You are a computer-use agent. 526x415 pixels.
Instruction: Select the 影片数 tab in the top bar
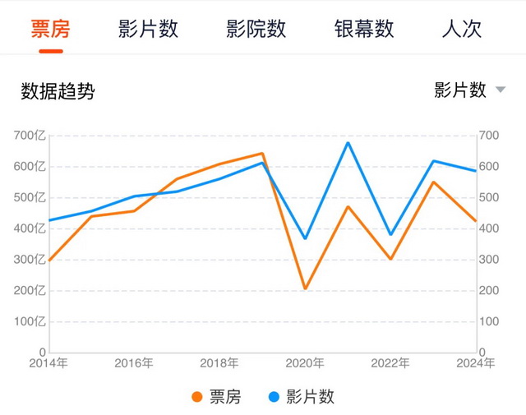coord(148,30)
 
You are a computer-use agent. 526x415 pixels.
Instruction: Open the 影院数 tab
coord(256,30)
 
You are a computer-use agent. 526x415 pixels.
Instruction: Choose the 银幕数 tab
coord(364,30)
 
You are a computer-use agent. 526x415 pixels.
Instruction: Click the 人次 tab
coord(461,30)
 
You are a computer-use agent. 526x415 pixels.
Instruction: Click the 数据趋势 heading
coord(58,91)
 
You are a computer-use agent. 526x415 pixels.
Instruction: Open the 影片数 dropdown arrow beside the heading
coord(501,90)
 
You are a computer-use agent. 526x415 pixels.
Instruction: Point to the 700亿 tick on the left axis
coord(30,136)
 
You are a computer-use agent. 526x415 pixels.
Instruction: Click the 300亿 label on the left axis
coord(30,260)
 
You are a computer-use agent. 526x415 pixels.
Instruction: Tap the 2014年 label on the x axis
coord(48,363)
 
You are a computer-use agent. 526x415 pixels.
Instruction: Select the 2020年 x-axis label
coord(305,363)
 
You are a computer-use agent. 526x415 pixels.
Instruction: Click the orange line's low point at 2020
coord(305,288)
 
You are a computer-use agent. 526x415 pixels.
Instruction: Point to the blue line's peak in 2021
coord(348,143)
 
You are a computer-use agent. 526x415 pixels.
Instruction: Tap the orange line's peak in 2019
coord(262,154)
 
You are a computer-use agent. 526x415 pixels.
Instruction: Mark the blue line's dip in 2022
coord(390,235)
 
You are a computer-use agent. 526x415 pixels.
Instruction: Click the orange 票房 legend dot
coord(197,397)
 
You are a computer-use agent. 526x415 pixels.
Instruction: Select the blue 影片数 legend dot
coord(275,397)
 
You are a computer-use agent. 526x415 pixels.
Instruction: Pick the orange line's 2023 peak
coord(433,182)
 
